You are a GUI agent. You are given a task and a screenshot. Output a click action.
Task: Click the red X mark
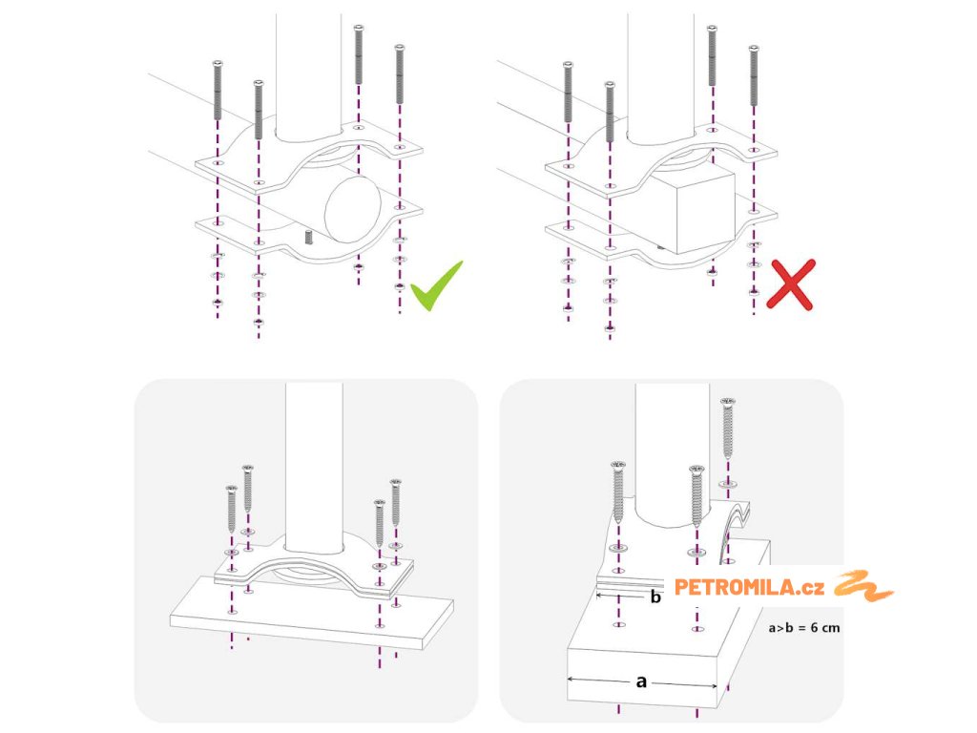coord(791,284)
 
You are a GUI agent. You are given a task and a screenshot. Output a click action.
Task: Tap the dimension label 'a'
coord(641,681)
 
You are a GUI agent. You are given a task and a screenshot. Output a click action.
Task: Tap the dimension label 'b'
coord(655,597)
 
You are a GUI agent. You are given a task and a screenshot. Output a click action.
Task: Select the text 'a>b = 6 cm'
coord(803,627)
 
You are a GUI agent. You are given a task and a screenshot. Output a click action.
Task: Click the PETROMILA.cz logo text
coord(749,587)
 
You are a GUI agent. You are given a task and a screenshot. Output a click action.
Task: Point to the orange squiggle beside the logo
coord(863,586)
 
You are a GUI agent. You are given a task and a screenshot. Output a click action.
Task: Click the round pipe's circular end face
coord(353,209)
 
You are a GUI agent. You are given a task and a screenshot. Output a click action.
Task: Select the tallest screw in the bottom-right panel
coord(728,430)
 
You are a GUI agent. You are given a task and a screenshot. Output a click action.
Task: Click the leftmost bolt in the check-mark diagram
coord(218,91)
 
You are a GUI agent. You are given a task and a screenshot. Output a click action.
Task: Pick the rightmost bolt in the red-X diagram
coord(754,75)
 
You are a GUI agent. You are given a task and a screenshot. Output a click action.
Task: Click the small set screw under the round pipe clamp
coord(308,237)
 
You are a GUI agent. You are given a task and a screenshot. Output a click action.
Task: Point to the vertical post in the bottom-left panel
coord(314,468)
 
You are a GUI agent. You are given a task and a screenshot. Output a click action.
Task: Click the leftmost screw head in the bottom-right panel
coord(618,465)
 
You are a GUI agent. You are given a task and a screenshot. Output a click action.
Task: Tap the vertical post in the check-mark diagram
coord(308,74)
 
